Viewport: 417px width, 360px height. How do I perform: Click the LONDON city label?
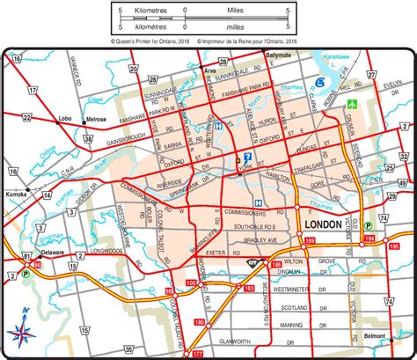coord(323,224)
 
